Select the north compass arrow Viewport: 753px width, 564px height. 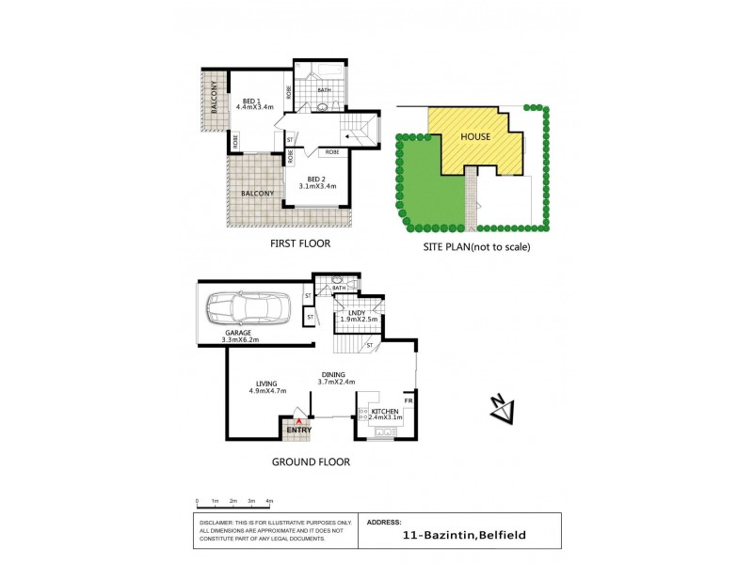click(503, 408)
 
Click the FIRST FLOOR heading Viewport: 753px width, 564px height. click(300, 243)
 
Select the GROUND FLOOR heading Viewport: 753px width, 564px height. click(311, 462)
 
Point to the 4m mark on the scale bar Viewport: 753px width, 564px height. click(269, 501)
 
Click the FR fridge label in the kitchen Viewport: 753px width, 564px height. click(408, 401)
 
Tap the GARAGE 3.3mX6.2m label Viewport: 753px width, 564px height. click(240, 336)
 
